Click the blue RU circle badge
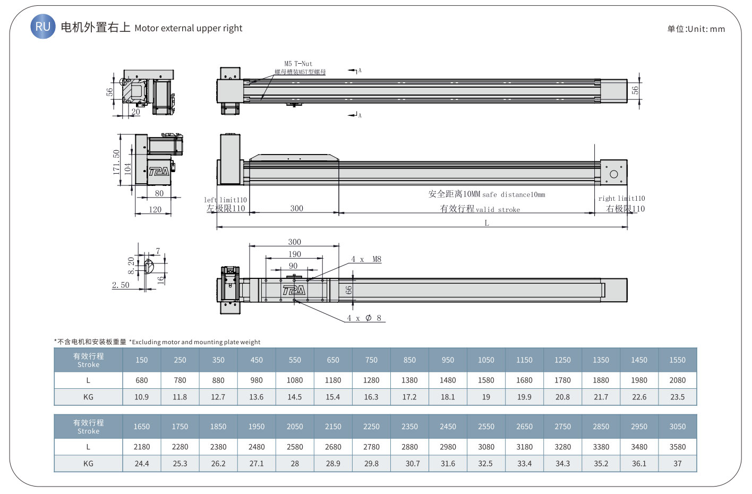click(43, 26)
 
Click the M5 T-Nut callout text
click(298, 63)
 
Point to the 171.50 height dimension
click(116, 162)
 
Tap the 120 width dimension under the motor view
click(155, 210)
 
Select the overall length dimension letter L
click(486, 223)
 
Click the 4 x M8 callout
click(366, 259)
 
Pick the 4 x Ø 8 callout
click(364, 318)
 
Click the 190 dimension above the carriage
click(294, 254)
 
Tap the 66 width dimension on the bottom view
click(349, 290)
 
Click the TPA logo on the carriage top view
click(294, 290)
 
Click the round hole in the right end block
click(614, 174)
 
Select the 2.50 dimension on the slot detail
click(121, 285)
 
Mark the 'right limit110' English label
click(621, 198)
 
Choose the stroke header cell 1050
click(486, 360)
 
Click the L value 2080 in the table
click(677, 380)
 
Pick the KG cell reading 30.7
click(413, 463)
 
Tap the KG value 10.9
click(141, 397)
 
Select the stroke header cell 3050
click(677, 427)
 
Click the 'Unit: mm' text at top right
click(706, 29)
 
